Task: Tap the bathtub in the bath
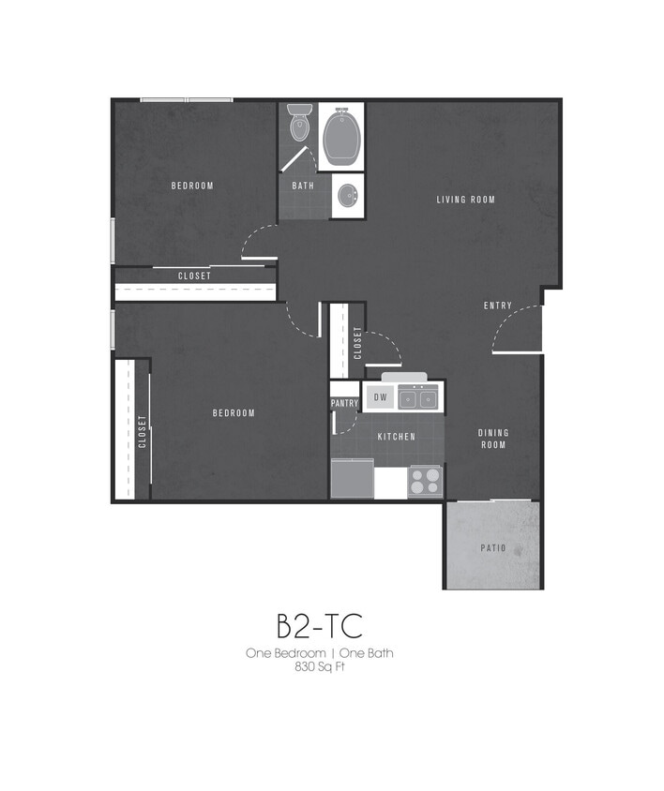click(341, 137)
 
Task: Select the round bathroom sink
click(347, 197)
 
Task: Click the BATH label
click(303, 186)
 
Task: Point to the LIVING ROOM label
click(465, 200)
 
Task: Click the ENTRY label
click(498, 306)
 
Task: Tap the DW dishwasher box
click(380, 397)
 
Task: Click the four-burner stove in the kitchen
click(425, 482)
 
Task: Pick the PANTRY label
click(344, 404)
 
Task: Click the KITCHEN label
click(396, 438)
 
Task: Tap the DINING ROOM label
click(493, 439)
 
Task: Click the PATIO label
click(493, 548)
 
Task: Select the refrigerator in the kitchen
click(352, 479)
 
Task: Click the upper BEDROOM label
click(192, 186)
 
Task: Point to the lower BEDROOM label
click(234, 413)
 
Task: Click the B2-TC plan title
click(320, 624)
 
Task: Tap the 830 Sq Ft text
click(320, 667)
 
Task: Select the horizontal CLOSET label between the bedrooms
click(194, 276)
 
